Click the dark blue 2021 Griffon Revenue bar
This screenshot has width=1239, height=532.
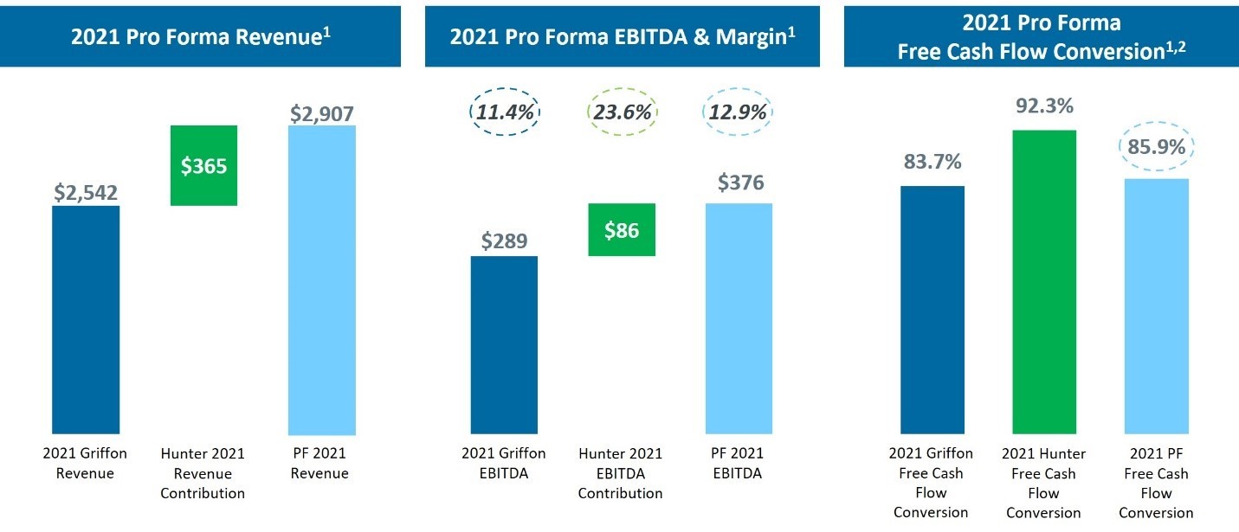(x=86, y=320)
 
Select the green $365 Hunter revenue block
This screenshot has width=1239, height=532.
(x=203, y=165)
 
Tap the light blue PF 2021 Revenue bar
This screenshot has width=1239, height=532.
(x=321, y=279)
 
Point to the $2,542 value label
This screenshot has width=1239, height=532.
(x=86, y=193)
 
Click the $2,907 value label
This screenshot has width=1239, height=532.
(x=321, y=113)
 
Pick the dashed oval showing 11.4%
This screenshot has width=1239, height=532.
(x=505, y=112)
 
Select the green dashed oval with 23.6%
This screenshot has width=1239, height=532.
(x=622, y=112)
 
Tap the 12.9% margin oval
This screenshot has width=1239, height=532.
(x=739, y=112)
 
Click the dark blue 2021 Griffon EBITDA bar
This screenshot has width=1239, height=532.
(x=504, y=344)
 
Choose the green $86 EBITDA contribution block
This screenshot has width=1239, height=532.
(x=622, y=230)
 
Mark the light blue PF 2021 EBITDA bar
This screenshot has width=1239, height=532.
(x=739, y=318)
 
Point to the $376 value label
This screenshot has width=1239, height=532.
(x=739, y=183)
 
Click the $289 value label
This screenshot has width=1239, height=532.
(x=504, y=240)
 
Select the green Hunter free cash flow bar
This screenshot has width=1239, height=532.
(x=1043, y=282)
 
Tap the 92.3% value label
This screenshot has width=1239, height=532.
(x=1043, y=106)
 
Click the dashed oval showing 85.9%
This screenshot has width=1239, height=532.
(x=1156, y=148)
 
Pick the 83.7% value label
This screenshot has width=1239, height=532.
(x=932, y=162)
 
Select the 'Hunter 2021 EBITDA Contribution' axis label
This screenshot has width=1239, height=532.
(x=621, y=473)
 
